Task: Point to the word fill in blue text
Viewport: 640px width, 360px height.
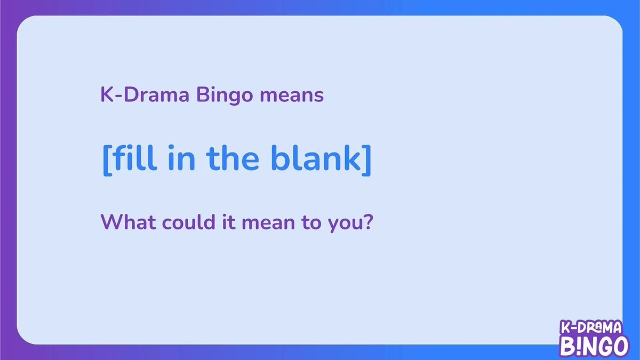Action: pyautogui.click(x=130, y=159)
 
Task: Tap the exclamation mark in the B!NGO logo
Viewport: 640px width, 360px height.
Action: pyautogui.click(x=578, y=346)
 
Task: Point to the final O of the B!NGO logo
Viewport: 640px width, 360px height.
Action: pyautogui.click(x=619, y=346)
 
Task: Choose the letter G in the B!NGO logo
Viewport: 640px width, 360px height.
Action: pyautogui.click(x=604, y=346)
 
